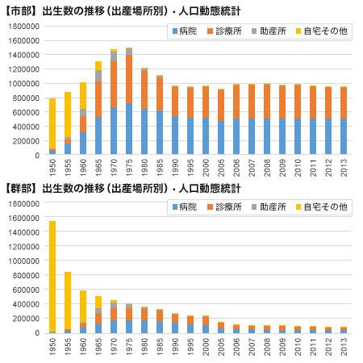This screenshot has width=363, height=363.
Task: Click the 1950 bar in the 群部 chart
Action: [52, 277]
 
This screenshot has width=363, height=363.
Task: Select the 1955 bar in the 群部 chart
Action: [68, 302]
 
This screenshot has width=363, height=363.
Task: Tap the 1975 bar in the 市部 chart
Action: [129, 101]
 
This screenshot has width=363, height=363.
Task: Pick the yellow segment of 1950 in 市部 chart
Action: [52, 123]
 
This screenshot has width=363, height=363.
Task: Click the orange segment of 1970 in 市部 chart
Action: [114, 84]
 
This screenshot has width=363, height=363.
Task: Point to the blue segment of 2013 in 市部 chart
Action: [344, 136]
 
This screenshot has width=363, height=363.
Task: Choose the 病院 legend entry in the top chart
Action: [185, 31]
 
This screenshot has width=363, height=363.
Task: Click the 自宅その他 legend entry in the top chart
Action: [322, 31]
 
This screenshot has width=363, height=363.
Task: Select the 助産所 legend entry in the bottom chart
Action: [269, 207]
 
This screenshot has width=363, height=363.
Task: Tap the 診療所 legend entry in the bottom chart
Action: [224, 207]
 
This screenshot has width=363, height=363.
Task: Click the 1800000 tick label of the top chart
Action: [24, 27]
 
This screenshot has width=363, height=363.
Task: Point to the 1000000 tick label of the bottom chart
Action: [24, 261]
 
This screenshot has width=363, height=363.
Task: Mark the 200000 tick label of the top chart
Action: [26, 141]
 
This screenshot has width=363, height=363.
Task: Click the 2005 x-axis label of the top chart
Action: [221, 168]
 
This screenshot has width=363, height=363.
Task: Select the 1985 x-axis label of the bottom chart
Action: [160, 347]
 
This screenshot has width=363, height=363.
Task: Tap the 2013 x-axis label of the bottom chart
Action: [344, 347]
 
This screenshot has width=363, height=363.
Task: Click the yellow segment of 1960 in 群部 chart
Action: [83, 306]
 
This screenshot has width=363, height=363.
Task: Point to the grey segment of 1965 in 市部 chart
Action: [98, 76]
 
